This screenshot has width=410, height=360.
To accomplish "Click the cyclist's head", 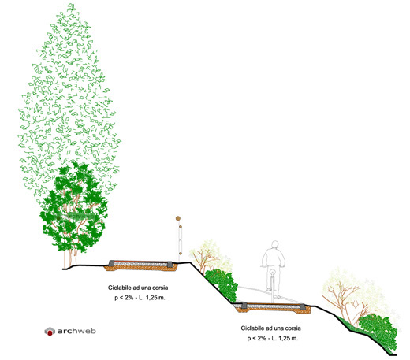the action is tap(275, 245).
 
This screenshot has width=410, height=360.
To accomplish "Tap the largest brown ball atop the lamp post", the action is tap(178, 218).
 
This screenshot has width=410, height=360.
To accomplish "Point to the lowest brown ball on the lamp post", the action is tap(181, 254).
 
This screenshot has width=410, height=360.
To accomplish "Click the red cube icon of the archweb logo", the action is tap(50, 332).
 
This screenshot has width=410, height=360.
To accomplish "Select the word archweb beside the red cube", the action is tap(76, 331).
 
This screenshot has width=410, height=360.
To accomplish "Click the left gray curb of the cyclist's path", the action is tap(244, 306).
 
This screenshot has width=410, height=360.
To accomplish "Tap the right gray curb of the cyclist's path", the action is tap(303, 306).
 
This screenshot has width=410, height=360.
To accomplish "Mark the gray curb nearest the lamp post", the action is tap(170, 264).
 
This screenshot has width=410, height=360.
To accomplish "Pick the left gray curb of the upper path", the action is tap(112, 263).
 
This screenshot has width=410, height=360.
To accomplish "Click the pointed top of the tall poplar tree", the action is tap(72, 5).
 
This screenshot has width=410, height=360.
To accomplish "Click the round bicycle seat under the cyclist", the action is tap(273, 273).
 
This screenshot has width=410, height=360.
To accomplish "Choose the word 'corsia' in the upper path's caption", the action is tap(160, 288).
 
